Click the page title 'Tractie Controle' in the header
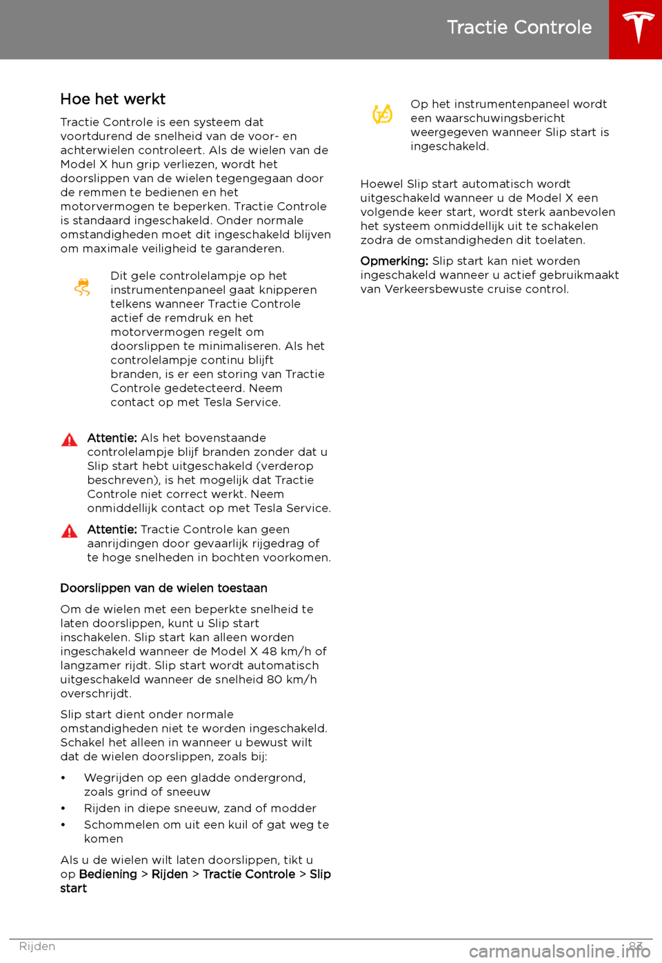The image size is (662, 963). [519, 27]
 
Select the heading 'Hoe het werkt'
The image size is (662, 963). [112, 99]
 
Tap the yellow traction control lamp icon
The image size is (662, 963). [82, 287]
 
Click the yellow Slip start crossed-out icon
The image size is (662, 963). [383, 114]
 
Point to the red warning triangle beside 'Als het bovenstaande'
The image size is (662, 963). [69, 440]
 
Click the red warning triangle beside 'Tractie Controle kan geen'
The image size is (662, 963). [69, 531]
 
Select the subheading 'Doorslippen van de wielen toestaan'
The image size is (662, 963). [163, 588]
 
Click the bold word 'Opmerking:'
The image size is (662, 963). [394, 261]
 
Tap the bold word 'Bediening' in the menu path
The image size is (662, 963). [108, 875]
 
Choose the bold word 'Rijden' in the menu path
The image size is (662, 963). [170, 875]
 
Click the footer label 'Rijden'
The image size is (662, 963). [37, 946]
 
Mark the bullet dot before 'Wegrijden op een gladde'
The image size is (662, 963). [63, 779]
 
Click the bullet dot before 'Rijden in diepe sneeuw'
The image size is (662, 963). [63, 809]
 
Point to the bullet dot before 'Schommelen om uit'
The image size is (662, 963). [63, 826]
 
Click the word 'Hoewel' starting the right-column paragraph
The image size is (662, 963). [381, 184]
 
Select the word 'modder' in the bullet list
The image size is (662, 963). [294, 808]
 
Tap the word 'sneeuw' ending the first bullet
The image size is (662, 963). [188, 793]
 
